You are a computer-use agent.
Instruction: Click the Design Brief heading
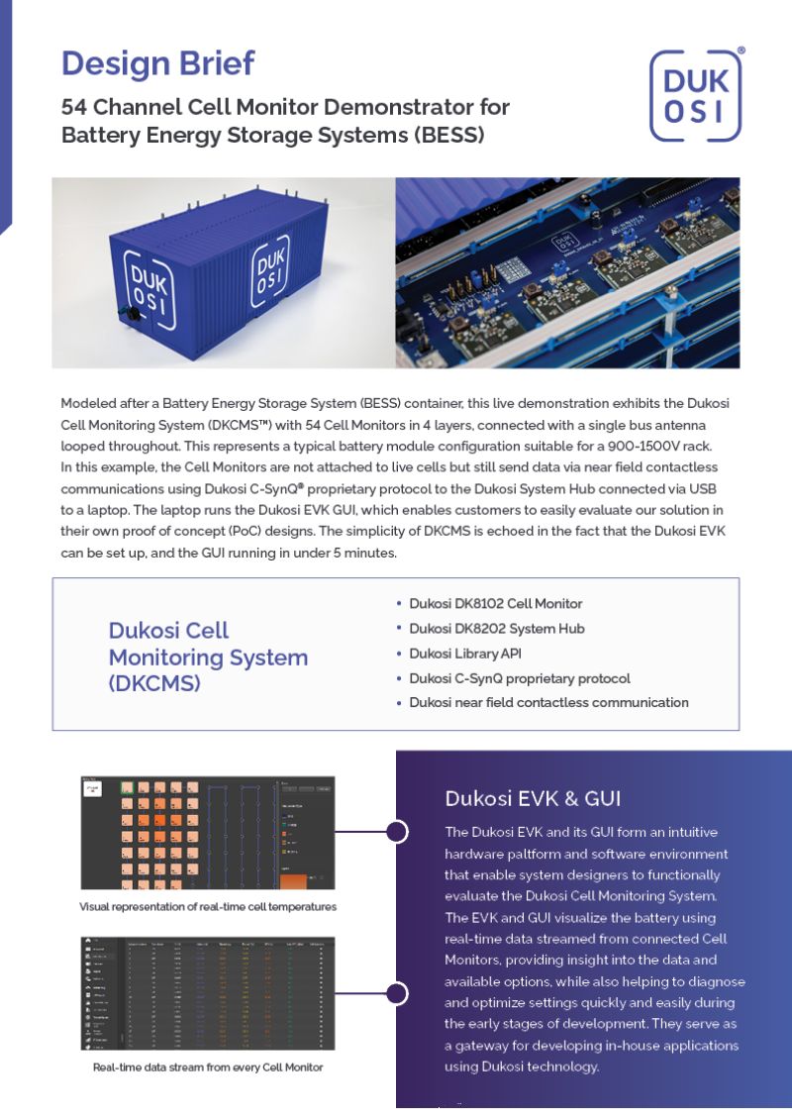157,62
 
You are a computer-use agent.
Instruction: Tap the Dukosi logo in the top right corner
697,96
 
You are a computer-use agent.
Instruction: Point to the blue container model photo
224,272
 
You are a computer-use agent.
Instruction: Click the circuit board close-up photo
567,272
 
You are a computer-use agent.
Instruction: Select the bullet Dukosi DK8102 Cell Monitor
495,603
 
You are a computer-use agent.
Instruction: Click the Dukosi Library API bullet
464,654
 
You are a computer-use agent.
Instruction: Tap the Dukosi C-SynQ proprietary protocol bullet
519,678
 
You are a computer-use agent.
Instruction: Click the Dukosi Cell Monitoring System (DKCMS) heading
208,657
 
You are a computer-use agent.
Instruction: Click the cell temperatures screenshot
207,832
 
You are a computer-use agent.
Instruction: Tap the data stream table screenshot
207,993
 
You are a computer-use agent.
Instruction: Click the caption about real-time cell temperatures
208,906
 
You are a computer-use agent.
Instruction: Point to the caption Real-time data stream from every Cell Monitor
208,1068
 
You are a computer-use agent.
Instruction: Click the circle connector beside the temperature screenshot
397,832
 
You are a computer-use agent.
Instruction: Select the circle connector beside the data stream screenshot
397,993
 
